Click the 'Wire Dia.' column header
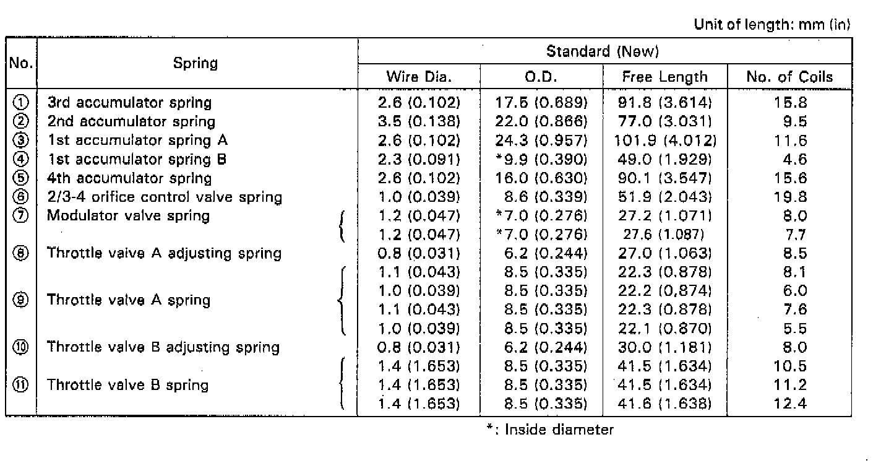419,76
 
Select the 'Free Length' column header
664,77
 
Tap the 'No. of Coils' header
789,76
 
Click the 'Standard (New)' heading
603,51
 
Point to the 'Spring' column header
196,63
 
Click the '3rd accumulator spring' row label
129,102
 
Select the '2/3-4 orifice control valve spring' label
165,197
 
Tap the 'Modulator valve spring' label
128,215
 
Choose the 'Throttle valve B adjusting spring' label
163,347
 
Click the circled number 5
21,178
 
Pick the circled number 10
21,347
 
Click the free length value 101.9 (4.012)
665,141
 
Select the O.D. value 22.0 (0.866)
541,121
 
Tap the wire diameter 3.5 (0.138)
419,121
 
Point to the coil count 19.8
790,197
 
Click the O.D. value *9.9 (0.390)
541,159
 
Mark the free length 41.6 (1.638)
664,404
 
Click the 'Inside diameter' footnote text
559,430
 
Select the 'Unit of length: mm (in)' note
771,24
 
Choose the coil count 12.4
790,404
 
